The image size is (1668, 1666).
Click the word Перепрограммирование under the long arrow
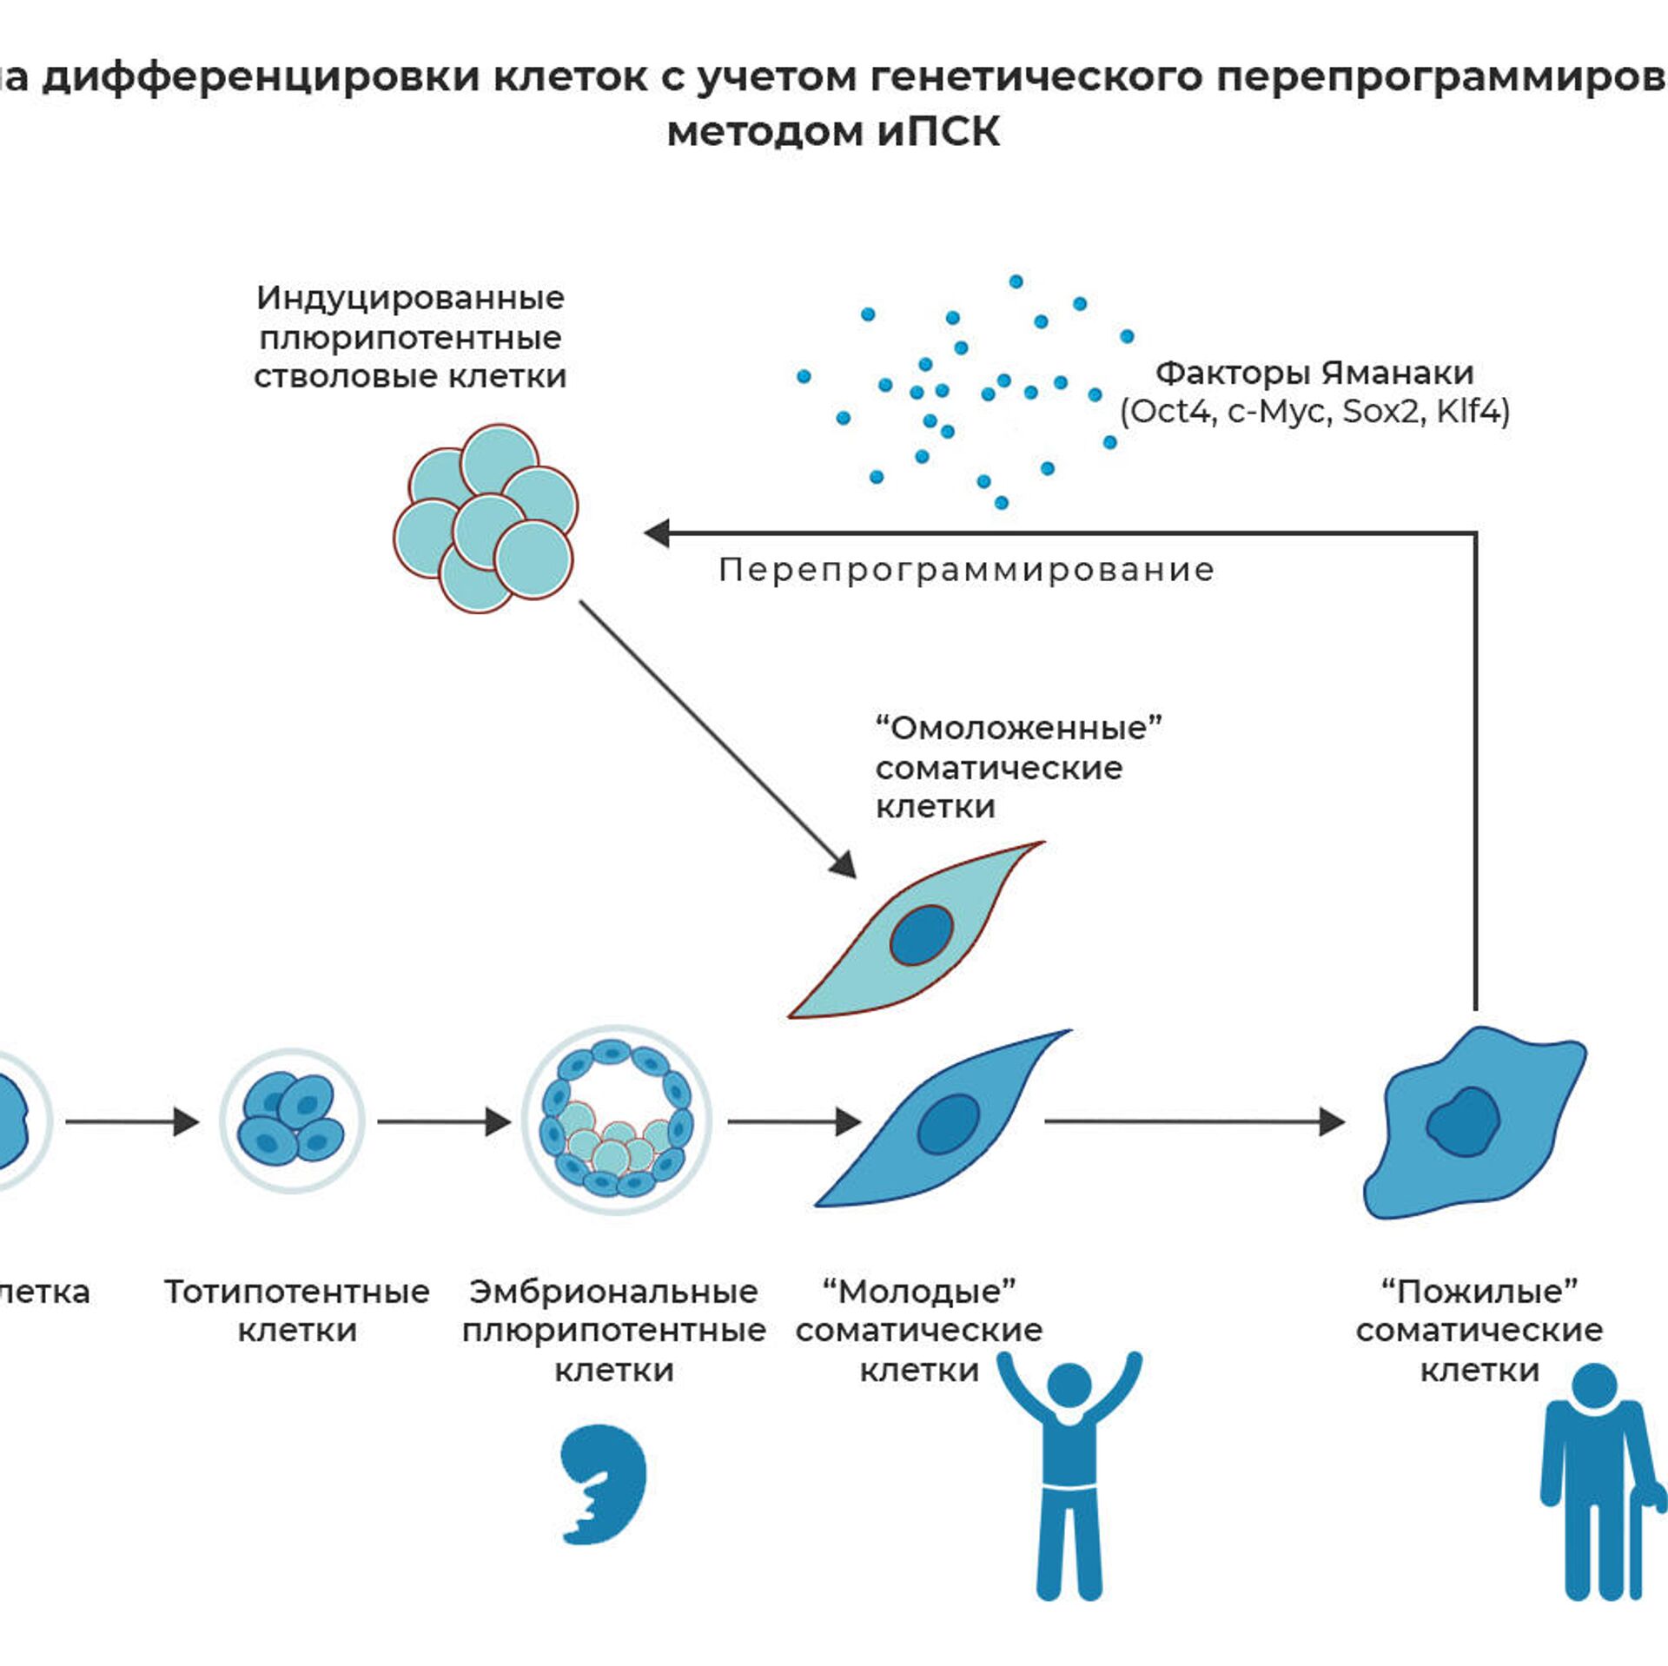coord(966,570)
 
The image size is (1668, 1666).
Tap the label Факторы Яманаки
coord(1314,373)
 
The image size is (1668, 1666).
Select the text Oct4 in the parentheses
coord(1172,411)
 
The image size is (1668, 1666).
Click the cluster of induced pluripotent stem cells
coord(485,519)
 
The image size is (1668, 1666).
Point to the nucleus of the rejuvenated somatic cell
coord(922,935)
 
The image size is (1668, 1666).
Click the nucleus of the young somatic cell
coord(949,1123)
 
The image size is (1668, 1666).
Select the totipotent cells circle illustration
coord(292,1121)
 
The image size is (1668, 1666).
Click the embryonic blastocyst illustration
coord(616,1121)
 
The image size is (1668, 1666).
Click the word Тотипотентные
coord(297,1292)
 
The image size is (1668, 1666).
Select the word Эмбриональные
coord(613,1292)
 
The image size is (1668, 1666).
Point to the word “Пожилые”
coord(1479,1292)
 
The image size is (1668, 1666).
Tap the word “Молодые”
coord(919,1292)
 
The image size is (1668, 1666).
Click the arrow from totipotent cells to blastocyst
coord(443,1121)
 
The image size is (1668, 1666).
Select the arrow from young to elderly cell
coord(1195,1121)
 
